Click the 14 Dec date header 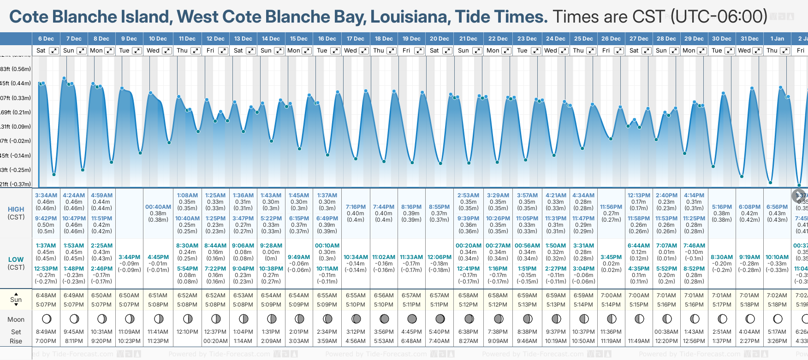click(x=271, y=39)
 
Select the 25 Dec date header click(x=583, y=39)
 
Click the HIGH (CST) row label click(x=16, y=213)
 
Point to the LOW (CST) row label click(x=16, y=263)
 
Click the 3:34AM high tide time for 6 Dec click(x=46, y=195)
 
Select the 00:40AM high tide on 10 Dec click(x=158, y=207)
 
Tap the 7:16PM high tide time click(x=356, y=207)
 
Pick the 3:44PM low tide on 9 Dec click(x=130, y=257)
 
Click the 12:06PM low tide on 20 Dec click(x=439, y=257)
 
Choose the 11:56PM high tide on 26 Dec click(x=611, y=207)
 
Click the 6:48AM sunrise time click(x=46, y=295)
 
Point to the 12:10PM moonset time click(x=187, y=332)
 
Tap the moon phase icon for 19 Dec click(x=412, y=319)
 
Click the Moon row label click(x=16, y=319)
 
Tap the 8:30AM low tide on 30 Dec click(x=722, y=257)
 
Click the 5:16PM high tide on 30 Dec click(x=722, y=207)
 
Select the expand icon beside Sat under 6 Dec click(x=54, y=51)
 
